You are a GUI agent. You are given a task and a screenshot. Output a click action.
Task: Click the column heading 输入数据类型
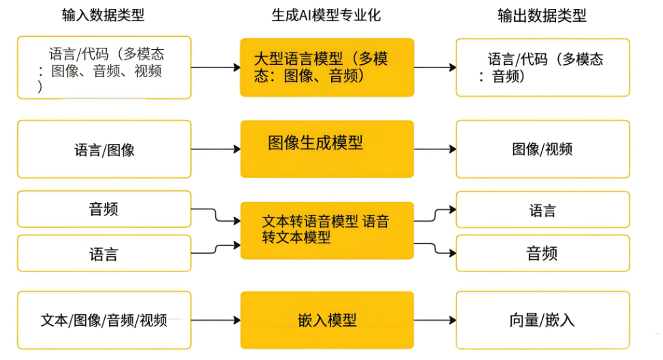103,15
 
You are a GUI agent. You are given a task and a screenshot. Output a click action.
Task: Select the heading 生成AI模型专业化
326,15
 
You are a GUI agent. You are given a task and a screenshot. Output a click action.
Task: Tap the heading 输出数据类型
542,15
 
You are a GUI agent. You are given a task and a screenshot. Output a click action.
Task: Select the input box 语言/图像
104,149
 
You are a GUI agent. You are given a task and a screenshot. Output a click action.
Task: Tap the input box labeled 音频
104,209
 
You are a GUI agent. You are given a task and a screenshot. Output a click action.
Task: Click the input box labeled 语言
104,254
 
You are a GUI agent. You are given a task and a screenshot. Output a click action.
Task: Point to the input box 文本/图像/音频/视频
104,320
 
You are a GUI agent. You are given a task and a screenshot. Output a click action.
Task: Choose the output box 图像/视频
542,149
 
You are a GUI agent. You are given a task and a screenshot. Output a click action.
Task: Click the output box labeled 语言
542,210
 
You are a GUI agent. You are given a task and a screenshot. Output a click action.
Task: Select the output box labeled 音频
542,254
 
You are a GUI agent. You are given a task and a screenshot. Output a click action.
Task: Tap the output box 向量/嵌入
542,320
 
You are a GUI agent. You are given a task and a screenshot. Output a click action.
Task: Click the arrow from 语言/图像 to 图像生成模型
215,149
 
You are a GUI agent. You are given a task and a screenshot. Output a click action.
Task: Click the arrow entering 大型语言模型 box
215,67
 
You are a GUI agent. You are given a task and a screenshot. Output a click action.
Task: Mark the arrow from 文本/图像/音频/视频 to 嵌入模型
215,320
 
